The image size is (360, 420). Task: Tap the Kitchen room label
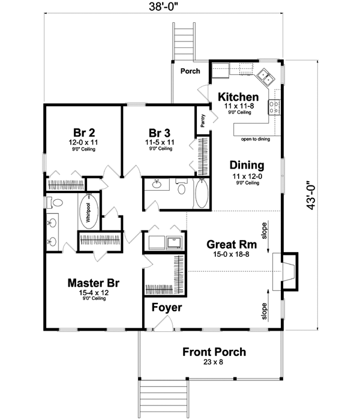pyautogui.click(x=238, y=97)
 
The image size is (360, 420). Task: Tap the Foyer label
pyautogui.click(x=166, y=308)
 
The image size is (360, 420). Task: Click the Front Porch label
pyautogui.click(x=214, y=352)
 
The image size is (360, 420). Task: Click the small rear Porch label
pyautogui.click(x=190, y=71)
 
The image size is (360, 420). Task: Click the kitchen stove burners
pyautogui.click(x=274, y=107)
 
